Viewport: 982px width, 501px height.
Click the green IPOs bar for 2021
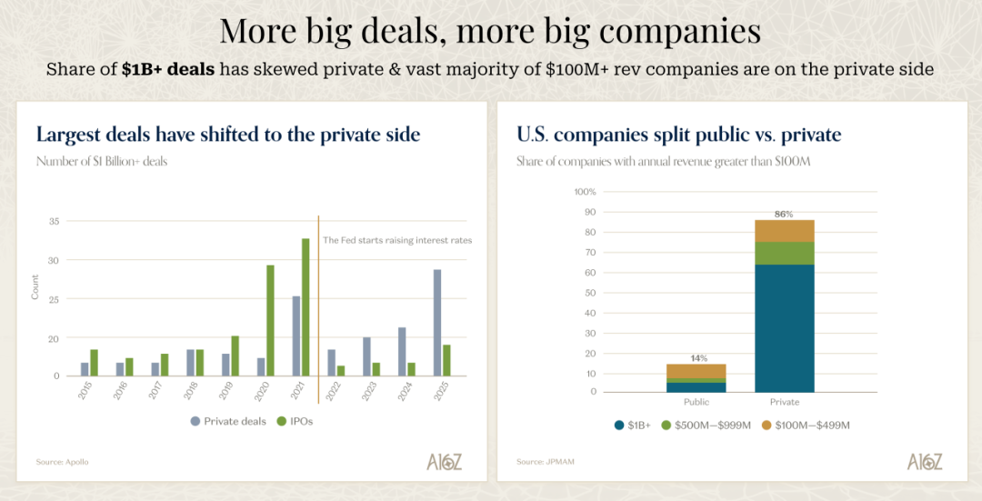pos(306,306)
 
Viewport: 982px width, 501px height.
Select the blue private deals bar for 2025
pos(437,322)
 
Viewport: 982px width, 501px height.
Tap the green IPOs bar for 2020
pos(270,320)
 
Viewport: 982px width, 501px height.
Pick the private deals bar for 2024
pos(402,351)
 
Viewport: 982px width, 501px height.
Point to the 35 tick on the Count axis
pos(54,221)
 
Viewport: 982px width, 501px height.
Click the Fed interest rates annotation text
pos(397,240)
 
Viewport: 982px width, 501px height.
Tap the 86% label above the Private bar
pos(784,215)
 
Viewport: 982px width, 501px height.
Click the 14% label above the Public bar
pos(696,358)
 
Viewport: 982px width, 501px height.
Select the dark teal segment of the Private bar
pos(784,327)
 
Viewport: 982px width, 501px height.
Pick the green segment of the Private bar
pos(784,253)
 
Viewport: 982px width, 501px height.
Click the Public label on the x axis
pos(696,402)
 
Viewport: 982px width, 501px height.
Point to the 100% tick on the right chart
pos(584,192)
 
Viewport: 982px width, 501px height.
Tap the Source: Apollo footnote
pos(62,462)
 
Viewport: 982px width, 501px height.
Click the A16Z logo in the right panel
pos(925,461)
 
